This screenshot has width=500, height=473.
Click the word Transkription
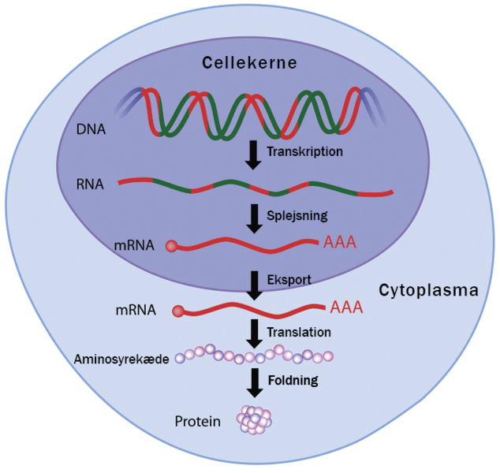click(305, 151)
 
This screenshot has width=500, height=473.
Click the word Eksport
click(288, 279)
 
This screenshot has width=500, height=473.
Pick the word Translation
click(298, 332)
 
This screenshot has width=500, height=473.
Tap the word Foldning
click(293, 380)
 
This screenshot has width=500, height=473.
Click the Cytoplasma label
click(428, 290)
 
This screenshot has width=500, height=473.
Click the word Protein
click(198, 421)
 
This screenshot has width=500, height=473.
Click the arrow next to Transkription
click(253, 155)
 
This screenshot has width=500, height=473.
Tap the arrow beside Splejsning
click(253, 218)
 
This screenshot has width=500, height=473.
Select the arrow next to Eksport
click(253, 285)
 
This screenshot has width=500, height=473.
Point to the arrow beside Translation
click(253, 333)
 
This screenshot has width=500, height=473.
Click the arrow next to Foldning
click(253, 382)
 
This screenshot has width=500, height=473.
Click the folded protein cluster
click(254, 419)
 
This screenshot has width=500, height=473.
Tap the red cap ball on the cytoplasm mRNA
click(179, 312)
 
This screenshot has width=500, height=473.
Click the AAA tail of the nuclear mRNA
click(340, 241)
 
